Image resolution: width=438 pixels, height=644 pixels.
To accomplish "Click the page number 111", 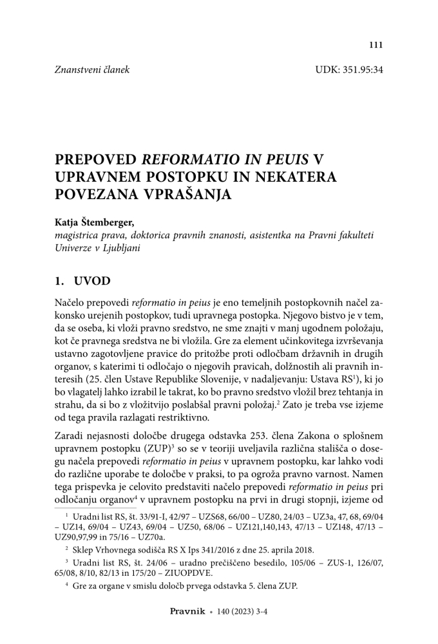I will [376, 44].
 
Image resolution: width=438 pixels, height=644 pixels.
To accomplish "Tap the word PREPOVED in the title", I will [96, 159].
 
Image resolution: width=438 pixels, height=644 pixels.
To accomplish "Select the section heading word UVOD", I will [92, 281].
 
